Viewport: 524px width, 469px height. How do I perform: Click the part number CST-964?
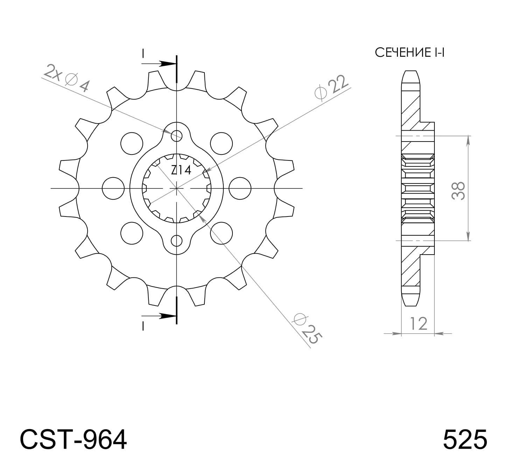pos(73,440)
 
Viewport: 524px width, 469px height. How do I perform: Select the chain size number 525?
pos(464,440)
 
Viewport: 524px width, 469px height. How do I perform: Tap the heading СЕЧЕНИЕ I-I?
pos(409,53)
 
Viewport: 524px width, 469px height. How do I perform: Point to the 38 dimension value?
pos(458,191)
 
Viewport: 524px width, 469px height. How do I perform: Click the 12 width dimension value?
pos(418,324)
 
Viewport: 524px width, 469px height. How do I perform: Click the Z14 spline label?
pos(181,171)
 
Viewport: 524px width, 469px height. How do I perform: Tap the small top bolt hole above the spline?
pos(177,136)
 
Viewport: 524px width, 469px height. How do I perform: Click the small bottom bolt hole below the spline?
pos(177,241)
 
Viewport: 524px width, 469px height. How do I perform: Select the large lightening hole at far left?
pos(113,188)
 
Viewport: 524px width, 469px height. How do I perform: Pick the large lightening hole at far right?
pos(240,188)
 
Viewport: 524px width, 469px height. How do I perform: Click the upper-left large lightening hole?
pos(132,143)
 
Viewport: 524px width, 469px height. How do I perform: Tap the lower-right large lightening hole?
pos(222,233)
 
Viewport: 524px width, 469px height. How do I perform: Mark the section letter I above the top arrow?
pos(143,53)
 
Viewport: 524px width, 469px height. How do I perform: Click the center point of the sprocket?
pos(177,188)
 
